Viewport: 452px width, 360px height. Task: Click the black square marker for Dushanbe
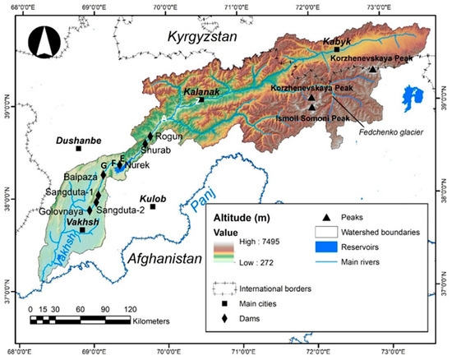(x=78, y=149)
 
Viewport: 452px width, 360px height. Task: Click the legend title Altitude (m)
(x=247, y=218)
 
